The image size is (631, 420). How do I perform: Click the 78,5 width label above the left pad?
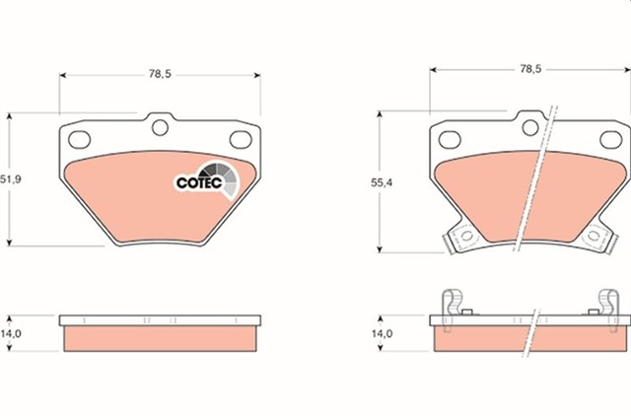click(x=159, y=74)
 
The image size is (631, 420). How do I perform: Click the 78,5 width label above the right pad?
click(x=529, y=70)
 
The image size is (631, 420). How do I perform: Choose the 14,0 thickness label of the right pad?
click(x=383, y=334)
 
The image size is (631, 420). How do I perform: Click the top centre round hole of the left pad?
click(x=159, y=126)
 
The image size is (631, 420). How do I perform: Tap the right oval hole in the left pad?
click(x=239, y=139)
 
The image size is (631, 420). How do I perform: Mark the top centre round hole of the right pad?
click(x=529, y=127)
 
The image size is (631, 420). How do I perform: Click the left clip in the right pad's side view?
click(x=454, y=304)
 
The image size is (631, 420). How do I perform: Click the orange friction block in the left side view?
click(x=161, y=337)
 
